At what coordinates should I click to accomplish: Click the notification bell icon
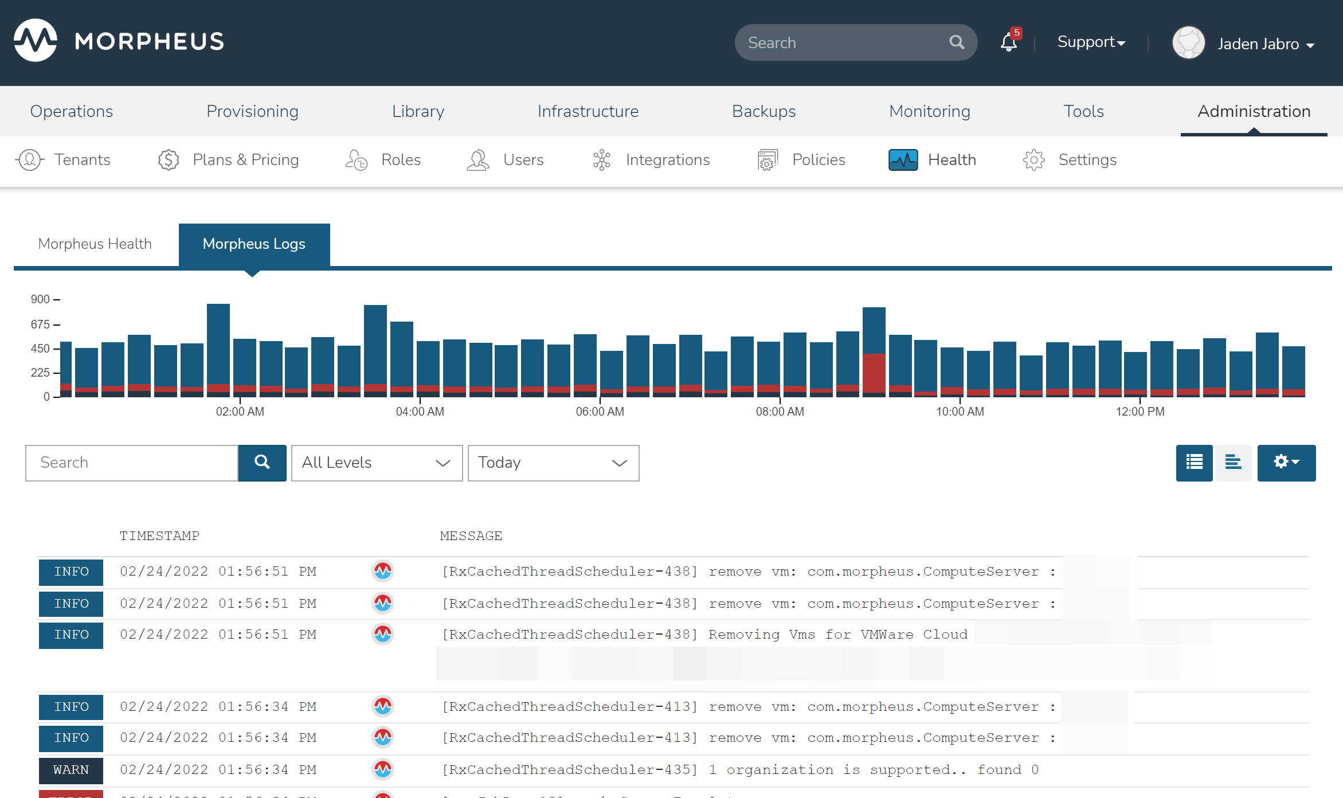pyautogui.click(x=1009, y=42)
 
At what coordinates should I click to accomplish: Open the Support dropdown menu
pyautogui.click(x=1091, y=42)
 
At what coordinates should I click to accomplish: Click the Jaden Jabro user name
pyautogui.click(x=1258, y=44)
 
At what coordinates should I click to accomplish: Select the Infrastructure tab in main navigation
pyautogui.click(x=588, y=111)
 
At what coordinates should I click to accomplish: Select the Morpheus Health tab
pyautogui.click(x=95, y=244)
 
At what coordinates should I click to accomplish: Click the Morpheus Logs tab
pyautogui.click(x=254, y=244)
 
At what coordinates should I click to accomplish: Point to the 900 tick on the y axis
pyautogui.click(x=41, y=299)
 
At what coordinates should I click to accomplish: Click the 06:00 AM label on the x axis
pyautogui.click(x=600, y=412)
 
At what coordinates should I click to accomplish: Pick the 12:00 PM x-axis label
pyautogui.click(x=1140, y=412)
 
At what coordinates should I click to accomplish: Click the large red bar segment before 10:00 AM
pyautogui.click(x=874, y=373)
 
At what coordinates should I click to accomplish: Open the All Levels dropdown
pyautogui.click(x=377, y=463)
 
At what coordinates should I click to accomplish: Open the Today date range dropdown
pyautogui.click(x=553, y=463)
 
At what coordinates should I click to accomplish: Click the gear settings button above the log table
pyautogui.click(x=1286, y=463)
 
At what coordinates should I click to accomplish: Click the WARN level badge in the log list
pyautogui.click(x=71, y=770)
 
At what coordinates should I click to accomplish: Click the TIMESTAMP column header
pyautogui.click(x=159, y=536)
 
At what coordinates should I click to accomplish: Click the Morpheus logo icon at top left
pyautogui.click(x=36, y=41)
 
